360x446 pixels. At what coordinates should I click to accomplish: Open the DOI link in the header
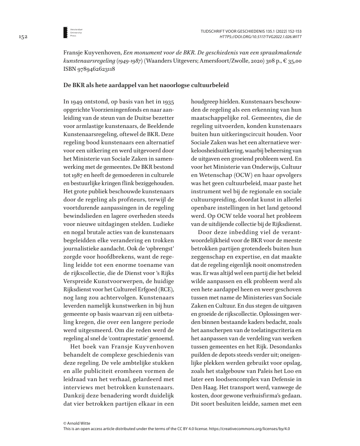tap(260, 37)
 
